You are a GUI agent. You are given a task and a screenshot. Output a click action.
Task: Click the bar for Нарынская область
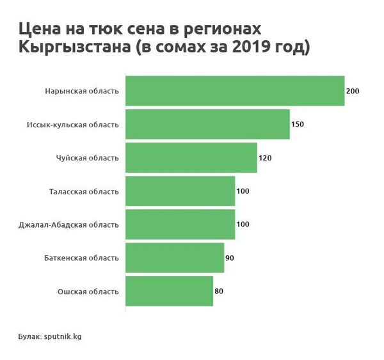point(235,91)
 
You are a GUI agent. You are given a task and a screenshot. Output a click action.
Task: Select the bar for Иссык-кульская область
point(207,124)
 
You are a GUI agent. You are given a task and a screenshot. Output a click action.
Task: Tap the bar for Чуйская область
point(191,157)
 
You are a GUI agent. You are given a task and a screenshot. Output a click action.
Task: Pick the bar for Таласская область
point(180,191)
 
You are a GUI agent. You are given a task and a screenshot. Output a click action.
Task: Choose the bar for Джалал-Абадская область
point(180,224)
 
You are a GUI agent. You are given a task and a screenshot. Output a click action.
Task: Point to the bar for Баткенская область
point(175,258)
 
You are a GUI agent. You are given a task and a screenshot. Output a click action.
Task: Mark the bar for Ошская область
point(169,291)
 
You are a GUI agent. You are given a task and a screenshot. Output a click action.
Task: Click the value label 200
point(352,91)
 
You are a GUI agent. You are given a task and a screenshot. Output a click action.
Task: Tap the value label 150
point(297,124)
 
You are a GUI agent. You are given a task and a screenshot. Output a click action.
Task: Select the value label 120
point(264,158)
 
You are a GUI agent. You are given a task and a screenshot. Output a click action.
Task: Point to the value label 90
point(230,258)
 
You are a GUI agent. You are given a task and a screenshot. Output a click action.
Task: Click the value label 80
point(219,291)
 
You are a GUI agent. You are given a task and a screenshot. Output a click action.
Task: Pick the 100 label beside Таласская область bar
point(243,191)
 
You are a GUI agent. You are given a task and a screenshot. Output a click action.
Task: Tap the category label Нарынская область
point(82,91)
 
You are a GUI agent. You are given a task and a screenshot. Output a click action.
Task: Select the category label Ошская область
point(88,292)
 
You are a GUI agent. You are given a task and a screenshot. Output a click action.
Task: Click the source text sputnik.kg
point(62,336)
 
